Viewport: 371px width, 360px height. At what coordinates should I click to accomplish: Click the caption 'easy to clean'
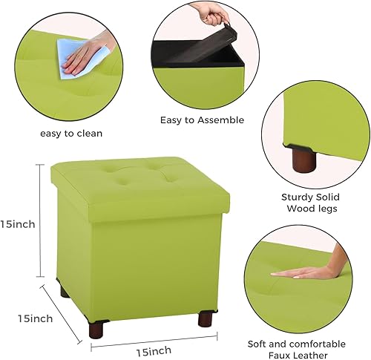click(x=73, y=134)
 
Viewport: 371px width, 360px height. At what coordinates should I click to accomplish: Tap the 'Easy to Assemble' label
click(x=203, y=120)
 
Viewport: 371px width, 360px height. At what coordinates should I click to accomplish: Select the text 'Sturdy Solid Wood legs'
click(x=310, y=203)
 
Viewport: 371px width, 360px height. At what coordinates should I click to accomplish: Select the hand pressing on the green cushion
click(x=312, y=271)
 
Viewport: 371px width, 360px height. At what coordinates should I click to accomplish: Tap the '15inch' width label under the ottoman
click(x=154, y=350)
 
